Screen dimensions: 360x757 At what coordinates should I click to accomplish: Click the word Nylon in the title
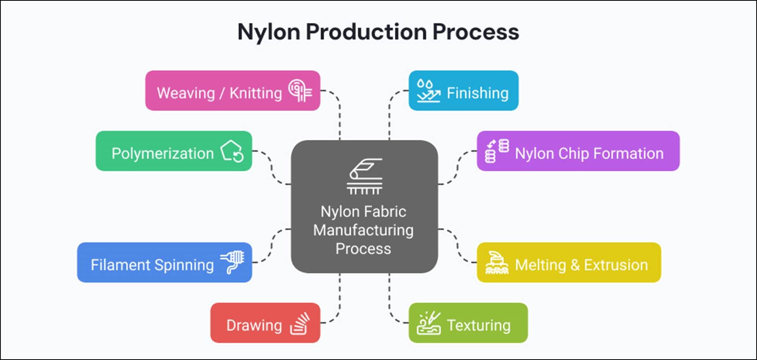[268, 32]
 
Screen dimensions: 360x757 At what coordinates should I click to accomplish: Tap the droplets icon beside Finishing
[428, 91]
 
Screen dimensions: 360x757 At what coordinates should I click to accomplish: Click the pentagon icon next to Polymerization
[232, 151]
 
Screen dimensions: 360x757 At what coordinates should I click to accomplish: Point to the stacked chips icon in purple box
[497, 151]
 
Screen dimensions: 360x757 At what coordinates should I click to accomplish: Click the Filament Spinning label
[152, 265]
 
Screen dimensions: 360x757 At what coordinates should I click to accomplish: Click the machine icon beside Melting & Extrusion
[497, 263]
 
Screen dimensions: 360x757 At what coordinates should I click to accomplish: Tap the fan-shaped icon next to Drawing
[300, 323]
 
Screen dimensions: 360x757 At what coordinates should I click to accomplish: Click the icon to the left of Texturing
[428, 323]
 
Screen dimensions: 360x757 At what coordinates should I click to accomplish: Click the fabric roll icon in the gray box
[365, 176]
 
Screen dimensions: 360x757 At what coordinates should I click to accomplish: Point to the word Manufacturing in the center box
[363, 230]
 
